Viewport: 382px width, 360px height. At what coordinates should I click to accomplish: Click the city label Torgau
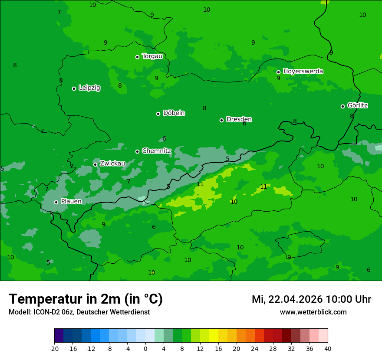152,56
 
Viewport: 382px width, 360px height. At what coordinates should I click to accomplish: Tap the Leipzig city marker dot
74,88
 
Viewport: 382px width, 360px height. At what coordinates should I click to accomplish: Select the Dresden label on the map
239,119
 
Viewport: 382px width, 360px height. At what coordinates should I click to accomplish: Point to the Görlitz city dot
342,106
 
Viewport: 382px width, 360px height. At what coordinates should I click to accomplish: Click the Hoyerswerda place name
303,71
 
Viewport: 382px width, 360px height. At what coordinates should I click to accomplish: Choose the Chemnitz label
156,151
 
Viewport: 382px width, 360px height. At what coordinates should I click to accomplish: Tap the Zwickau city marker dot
95,164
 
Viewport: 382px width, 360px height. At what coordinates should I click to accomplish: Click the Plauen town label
71,202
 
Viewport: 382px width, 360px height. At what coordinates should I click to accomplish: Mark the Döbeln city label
174,113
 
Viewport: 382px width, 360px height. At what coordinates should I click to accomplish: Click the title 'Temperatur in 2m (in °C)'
86,299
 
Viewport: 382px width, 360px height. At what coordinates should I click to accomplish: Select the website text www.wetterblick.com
313,312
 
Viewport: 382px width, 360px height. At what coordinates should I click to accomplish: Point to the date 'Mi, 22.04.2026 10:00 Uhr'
311,299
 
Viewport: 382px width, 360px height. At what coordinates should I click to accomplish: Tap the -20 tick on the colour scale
54,349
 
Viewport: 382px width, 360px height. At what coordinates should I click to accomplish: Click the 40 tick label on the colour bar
327,349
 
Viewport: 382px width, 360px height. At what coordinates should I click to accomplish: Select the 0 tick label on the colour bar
145,349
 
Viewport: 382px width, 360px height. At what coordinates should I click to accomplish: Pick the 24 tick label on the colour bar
254,349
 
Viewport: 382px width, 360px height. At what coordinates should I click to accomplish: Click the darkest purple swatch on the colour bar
59,336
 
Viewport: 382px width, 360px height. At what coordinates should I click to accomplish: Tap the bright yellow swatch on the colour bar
214,336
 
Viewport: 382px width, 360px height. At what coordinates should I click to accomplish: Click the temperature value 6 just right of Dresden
244,124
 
